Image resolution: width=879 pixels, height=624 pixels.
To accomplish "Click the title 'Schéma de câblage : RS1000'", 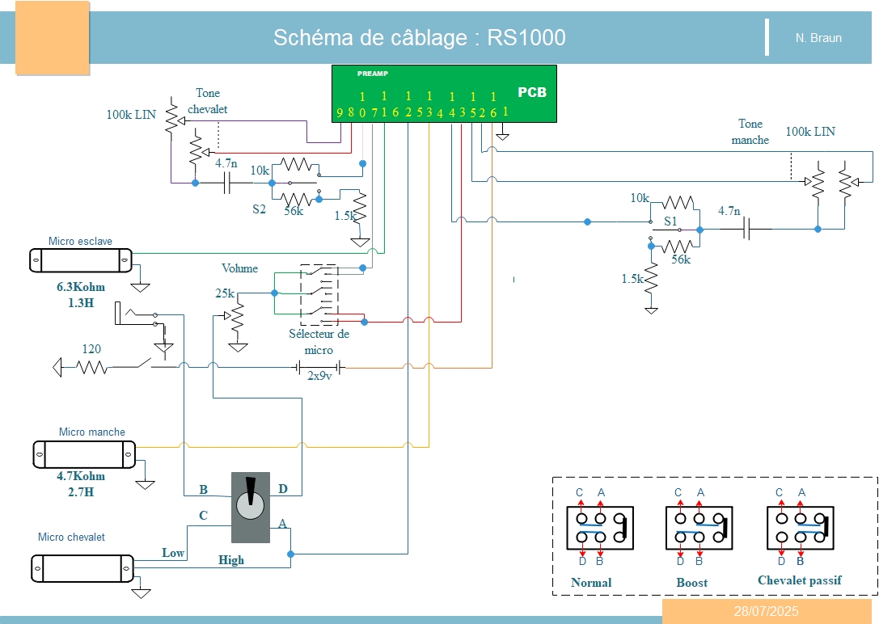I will pyautogui.click(x=419, y=38).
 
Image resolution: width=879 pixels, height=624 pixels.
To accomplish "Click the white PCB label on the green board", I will pyautogui.click(x=531, y=92).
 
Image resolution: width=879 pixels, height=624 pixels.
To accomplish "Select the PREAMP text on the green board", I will pyautogui.click(x=373, y=74).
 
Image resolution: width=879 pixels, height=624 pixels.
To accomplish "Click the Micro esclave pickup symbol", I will pyautogui.click(x=81, y=260).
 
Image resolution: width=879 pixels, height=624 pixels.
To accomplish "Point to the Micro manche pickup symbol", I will pyautogui.click(x=84, y=453).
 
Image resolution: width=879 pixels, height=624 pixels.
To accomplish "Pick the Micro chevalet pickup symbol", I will pyautogui.click(x=82, y=567).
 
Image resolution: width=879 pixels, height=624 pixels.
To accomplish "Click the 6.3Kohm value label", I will pyautogui.click(x=81, y=287).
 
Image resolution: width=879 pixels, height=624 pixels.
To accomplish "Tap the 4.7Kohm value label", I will pyautogui.click(x=81, y=476).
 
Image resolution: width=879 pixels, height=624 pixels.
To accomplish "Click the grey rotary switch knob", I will pyautogui.click(x=250, y=506).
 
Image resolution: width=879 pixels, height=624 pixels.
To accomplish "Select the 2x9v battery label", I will pyautogui.click(x=319, y=376).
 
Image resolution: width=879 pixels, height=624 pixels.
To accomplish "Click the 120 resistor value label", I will pyautogui.click(x=91, y=349).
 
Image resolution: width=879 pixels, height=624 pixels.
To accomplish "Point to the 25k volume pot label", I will pyautogui.click(x=225, y=293).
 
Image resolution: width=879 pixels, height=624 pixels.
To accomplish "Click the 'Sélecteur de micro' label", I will pyautogui.click(x=319, y=342).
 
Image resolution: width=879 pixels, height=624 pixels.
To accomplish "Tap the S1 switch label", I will pyautogui.click(x=670, y=221).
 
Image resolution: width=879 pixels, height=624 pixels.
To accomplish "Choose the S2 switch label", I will pyautogui.click(x=259, y=209).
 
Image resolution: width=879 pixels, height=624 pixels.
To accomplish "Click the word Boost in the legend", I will pyautogui.click(x=691, y=582).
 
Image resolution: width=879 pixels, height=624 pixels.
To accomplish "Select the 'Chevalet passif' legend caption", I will pyautogui.click(x=799, y=580).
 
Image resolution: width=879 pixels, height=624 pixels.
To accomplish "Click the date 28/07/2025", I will pyautogui.click(x=766, y=611).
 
